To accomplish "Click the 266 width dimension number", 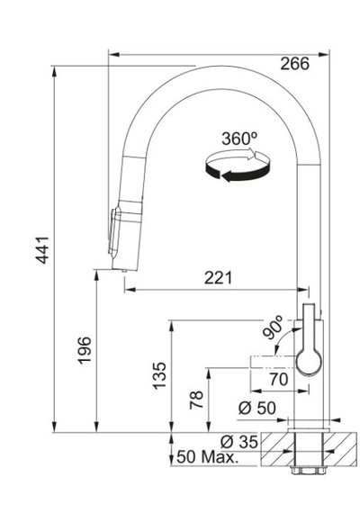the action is click(294, 64).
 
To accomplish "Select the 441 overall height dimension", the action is click(42, 249).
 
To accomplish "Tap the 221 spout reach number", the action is click(218, 278).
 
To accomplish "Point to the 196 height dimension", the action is click(85, 350).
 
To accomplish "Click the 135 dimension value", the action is click(159, 375).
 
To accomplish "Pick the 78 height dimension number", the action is click(196, 400).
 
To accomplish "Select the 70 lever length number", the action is click(279, 379).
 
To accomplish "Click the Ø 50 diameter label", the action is click(257, 408).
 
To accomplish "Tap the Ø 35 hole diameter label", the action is click(239, 442).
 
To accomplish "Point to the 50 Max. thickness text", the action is click(207, 456).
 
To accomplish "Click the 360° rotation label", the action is click(239, 139).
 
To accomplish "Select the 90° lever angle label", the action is click(274, 328).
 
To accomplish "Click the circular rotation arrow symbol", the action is click(238, 165).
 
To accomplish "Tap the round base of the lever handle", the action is click(309, 362).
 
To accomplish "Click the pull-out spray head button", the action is click(112, 231).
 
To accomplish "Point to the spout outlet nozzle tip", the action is click(124, 271).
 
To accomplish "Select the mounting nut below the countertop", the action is click(309, 471).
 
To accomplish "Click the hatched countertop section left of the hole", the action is click(277, 449).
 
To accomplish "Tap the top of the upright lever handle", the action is click(309, 305).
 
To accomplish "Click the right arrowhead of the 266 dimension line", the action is click(324, 54).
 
